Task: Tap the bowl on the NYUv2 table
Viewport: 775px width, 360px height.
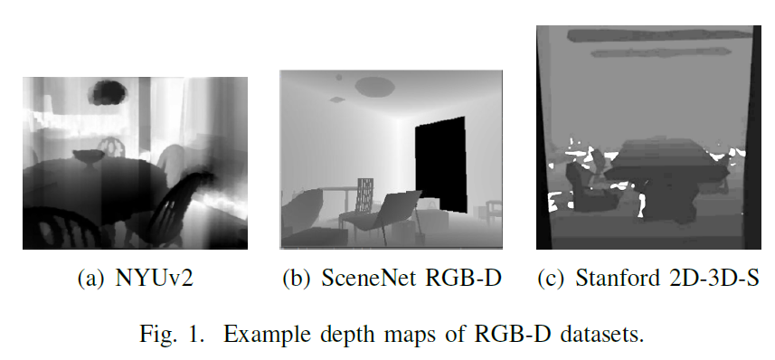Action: (89, 156)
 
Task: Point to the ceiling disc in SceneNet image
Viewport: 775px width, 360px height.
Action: (373, 86)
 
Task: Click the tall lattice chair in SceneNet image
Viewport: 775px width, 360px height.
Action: (364, 194)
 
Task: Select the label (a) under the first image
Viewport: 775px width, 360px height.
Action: (93, 278)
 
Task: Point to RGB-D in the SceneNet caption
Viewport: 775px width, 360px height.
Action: (451, 278)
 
